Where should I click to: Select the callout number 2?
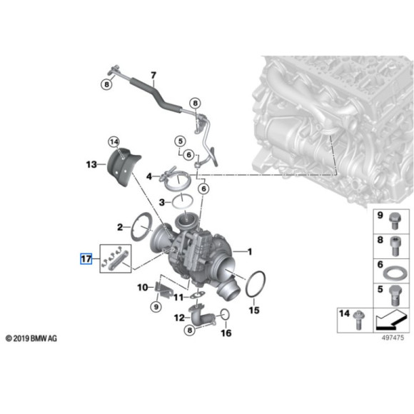[120, 227]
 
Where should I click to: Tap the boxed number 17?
[86, 258]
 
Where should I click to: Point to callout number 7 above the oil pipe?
[152, 74]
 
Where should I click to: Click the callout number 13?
[91, 165]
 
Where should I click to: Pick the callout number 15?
[253, 311]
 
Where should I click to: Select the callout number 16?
[226, 333]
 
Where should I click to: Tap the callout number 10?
[142, 287]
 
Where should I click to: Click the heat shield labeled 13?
[121, 167]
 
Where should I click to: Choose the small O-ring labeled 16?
[224, 314]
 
